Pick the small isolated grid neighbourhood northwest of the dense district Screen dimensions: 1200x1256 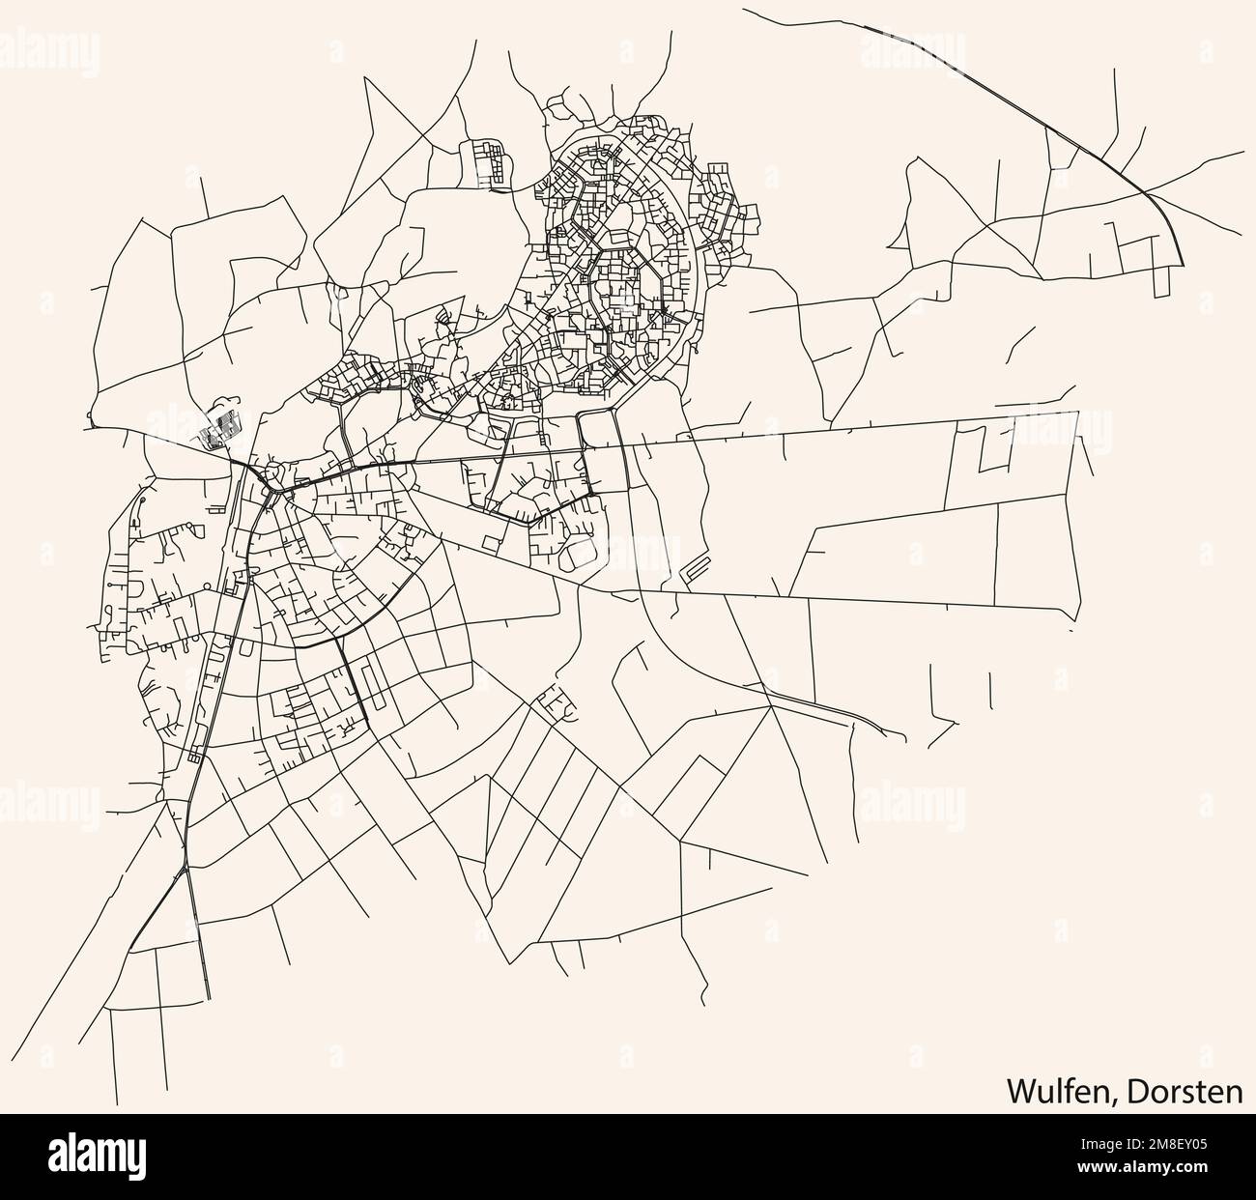[x=489, y=162]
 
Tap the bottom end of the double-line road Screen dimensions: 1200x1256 [x=208, y=999]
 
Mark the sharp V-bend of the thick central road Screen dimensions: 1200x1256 [x=529, y=523]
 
